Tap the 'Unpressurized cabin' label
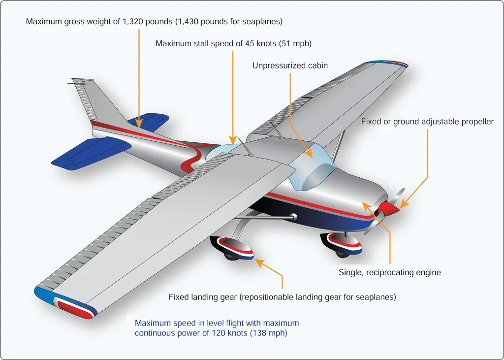tap(290, 65)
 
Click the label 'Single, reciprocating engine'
tap(390, 272)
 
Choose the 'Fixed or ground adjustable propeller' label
tap(427, 122)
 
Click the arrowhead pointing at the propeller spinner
tap(404, 204)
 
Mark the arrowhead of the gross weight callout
tap(139, 124)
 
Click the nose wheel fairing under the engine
tap(342, 243)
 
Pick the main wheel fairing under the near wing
tap(232, 247)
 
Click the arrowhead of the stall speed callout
tap(233, 140)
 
